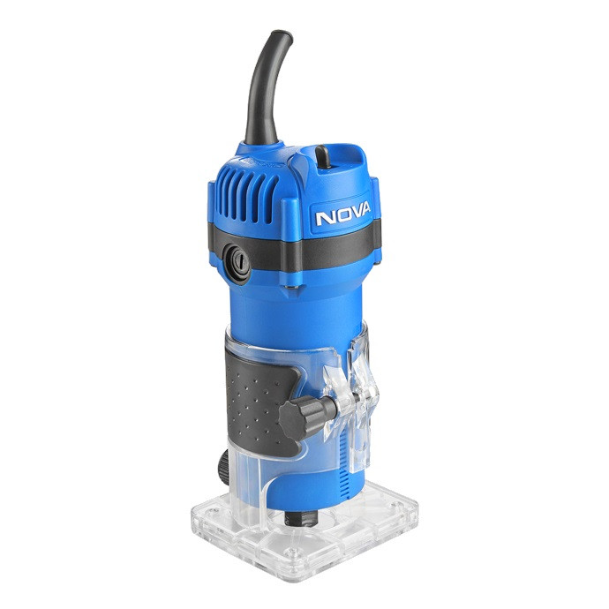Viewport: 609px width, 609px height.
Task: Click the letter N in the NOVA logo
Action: coord(324,218)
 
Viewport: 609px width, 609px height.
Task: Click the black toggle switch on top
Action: coord(323,156)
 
